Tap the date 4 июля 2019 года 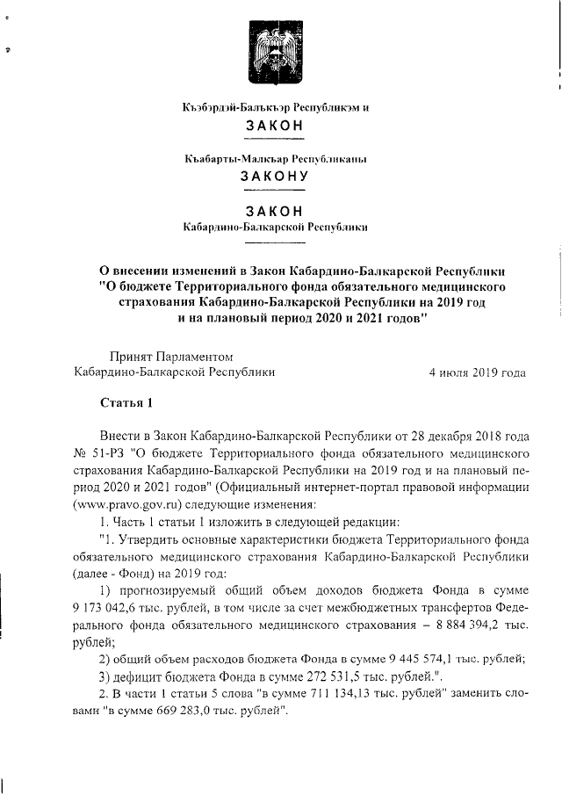click(x=477, y=372)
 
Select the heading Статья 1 click(x=127, y=404)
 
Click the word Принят click(x=128, y=356)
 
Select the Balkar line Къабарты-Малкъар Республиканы click(x=276, y=159)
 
